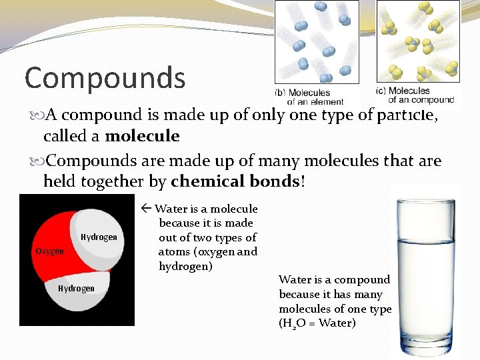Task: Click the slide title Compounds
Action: (x=105, y=78)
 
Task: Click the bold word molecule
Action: (x=142, y=137)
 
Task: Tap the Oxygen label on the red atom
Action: (x=49, y=251)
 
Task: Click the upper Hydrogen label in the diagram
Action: (x=99, y=237)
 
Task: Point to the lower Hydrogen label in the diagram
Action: (x=76, y=289)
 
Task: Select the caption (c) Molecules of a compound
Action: (x=415, y=95)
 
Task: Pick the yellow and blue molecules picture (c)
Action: (x=418, y=42)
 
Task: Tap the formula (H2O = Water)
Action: (x=317, y=323)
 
